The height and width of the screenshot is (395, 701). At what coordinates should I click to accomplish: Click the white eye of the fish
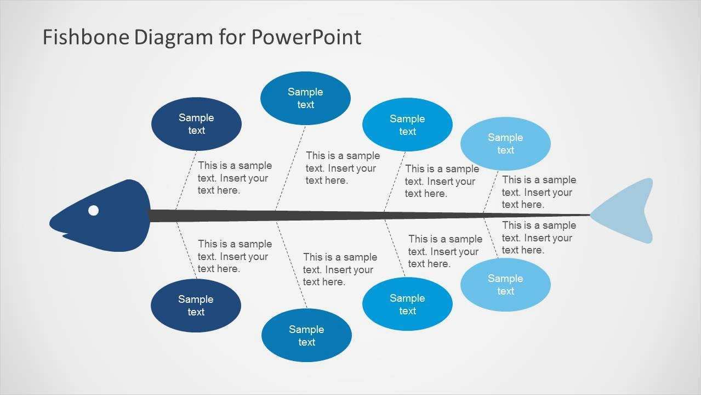click(x=94, y=210)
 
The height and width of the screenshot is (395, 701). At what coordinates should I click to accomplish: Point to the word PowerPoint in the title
click(x=306, y=37)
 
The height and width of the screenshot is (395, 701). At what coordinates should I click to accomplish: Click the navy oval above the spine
click(x=196, y=124)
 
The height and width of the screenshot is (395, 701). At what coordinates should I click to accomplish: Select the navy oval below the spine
click(x=196, y=306)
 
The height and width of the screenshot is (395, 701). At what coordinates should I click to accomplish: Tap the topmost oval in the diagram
click(x=305, y=98)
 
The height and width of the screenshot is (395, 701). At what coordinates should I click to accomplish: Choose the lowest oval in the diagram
click(x=306, y=335)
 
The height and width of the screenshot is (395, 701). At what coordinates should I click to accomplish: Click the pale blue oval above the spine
click(x=505, y=144)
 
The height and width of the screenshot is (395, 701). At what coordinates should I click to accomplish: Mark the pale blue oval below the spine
click(x=505, y=285)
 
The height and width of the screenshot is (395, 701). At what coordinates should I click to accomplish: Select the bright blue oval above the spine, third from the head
click(x=407, y=125)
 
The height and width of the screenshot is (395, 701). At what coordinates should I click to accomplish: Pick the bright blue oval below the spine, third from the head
click(x=407, y=304)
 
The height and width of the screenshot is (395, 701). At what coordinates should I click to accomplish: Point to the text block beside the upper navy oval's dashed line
click(x=235, y=178)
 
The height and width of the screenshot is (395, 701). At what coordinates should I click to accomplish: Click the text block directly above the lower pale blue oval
click(x=539, y=238)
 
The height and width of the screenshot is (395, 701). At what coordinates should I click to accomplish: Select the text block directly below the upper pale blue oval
click(x=539, y=192)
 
